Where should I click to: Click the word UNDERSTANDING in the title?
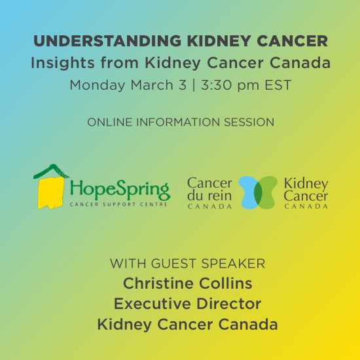tap(107, 41)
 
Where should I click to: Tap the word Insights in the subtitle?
tap(62, 63)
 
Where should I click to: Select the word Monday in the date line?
tap(98, 85)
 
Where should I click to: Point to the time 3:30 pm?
tap(230, 85)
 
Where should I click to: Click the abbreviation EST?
tap(278, 85)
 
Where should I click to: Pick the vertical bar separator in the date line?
tap(194, 85)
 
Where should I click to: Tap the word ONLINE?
tap(109, 122)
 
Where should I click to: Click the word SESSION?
tap(249, 122)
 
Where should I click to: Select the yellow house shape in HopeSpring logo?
tap(50, 193)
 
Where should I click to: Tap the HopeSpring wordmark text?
tap(120, 190)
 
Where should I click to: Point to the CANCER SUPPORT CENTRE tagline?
tap(118, 204)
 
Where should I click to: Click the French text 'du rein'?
tap(209, 196)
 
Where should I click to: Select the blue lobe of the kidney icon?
tap(247, 192)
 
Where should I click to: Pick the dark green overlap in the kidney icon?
tap(259, 192)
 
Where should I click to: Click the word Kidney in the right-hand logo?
tap(306, 184)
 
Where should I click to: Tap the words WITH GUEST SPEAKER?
tap(188, 263)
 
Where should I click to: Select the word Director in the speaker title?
tap(228, 304)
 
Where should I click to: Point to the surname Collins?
tap(226, 283)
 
